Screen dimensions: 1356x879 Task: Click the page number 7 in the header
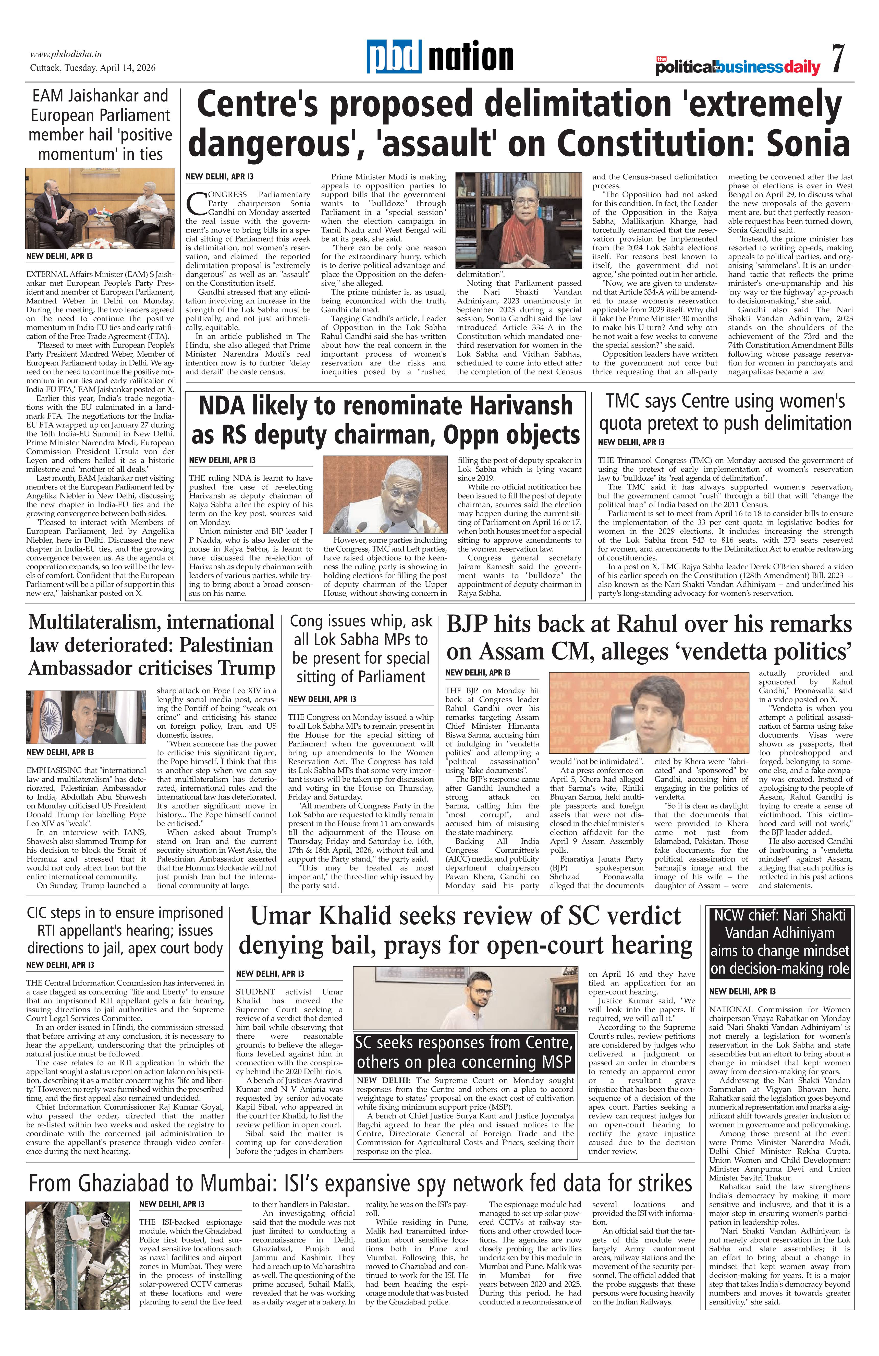click(x=837, y=59)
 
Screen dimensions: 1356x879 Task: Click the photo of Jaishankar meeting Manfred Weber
click(x=100, y=208)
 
